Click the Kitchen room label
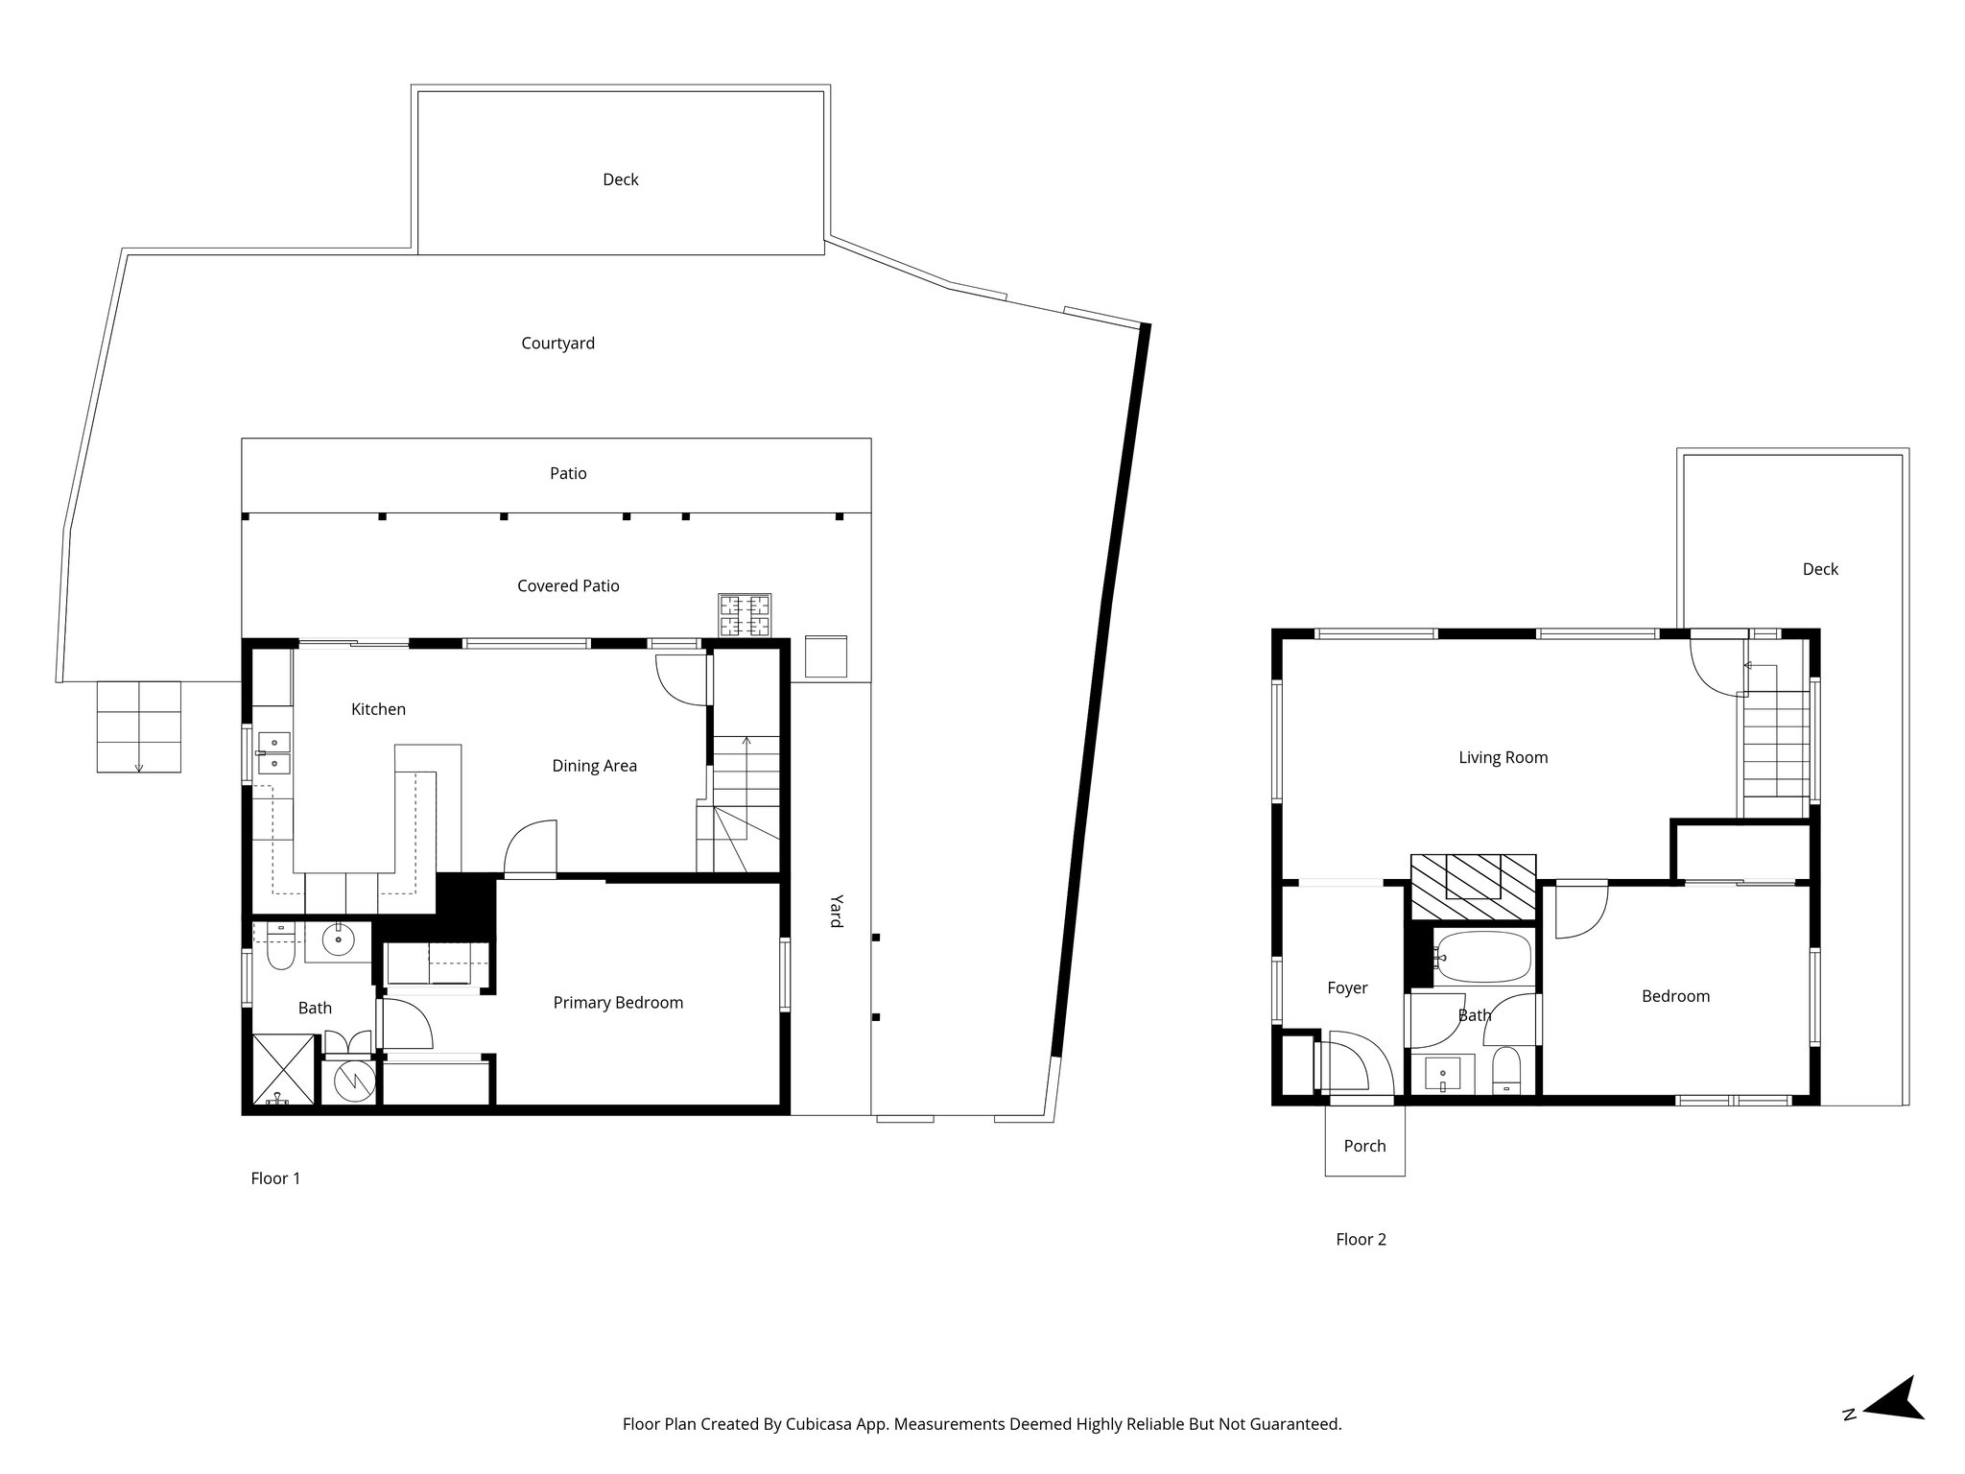coord(378,709)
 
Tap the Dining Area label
coord(594,766)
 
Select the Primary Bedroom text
coord(618,1003)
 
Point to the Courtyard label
coord(557,344)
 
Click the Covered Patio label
coord(568,585)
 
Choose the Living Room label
coord(1503,757)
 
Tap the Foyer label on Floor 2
coord(1347,987)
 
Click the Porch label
coord(1364,1145)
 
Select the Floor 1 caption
coord(275,1178)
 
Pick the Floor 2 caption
coord(1361,1239)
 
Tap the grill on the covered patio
coord(745,616)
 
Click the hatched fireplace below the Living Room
coord(1473,876)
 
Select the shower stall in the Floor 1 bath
coord(283,1069)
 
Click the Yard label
coord(836,911)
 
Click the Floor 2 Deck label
coord(1820,569)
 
